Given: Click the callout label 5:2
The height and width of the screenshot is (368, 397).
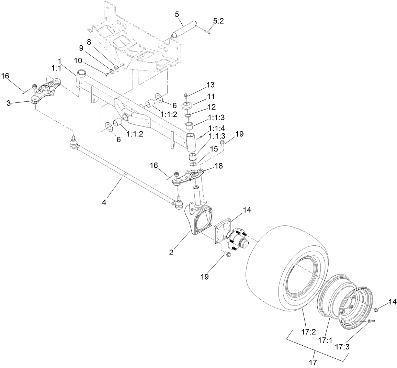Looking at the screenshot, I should coord(218,21).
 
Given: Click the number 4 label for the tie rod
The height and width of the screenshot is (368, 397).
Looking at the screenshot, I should coord(104,203).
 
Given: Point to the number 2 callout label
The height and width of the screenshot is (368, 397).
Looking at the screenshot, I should coord(171,253).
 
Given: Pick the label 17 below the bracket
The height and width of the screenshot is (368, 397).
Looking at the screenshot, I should coord(315,362).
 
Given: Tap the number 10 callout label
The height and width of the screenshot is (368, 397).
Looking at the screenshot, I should coord(78,60).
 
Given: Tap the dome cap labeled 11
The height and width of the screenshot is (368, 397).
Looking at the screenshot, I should coord(188,104).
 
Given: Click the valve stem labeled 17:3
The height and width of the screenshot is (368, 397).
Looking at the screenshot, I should coord(371,321).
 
